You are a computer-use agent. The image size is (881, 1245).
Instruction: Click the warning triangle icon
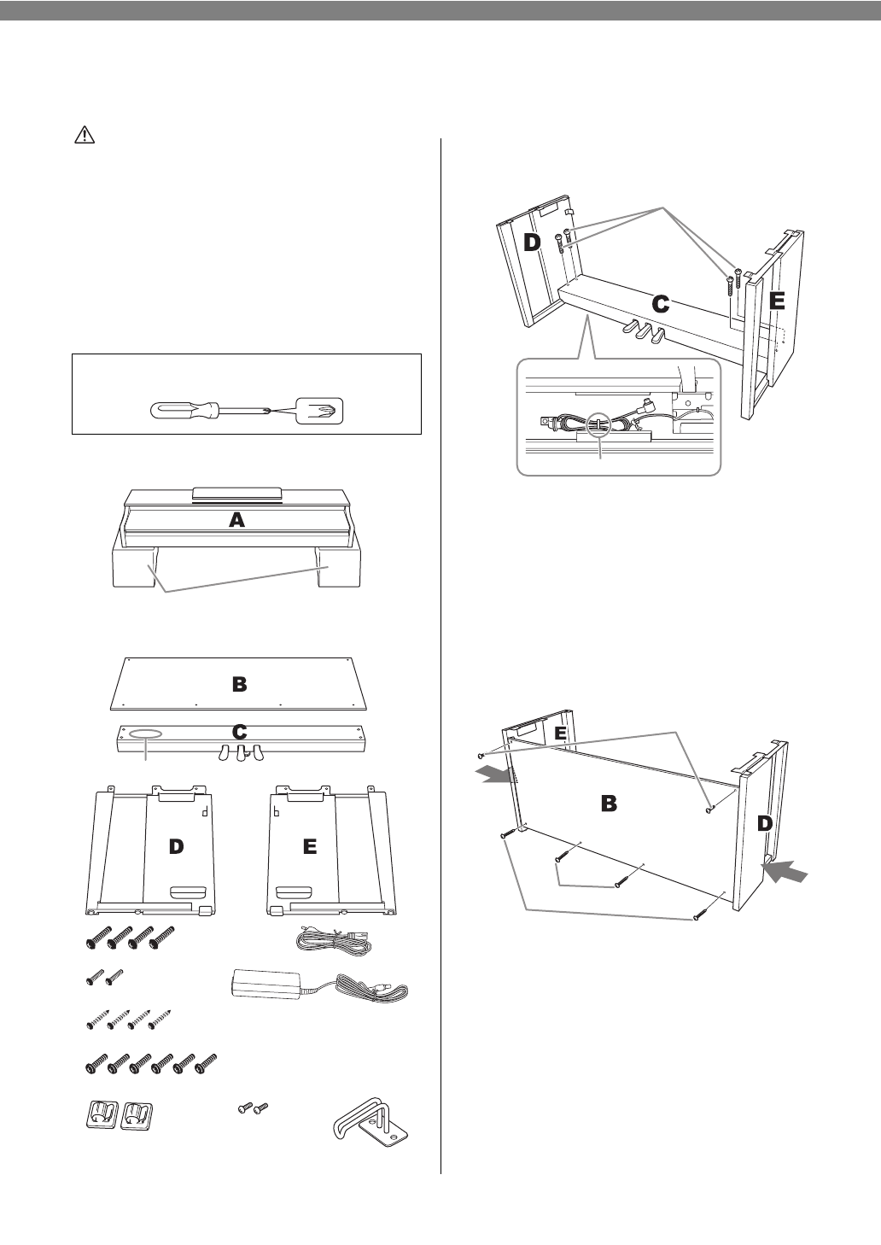84,135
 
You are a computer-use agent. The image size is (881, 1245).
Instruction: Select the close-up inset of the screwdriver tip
318,411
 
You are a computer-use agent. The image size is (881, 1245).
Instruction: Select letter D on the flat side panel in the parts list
175,845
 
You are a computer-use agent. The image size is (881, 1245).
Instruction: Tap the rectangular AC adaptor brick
269,984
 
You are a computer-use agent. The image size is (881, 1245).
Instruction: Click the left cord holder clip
101,1114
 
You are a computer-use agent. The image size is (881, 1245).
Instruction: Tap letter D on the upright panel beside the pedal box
532,243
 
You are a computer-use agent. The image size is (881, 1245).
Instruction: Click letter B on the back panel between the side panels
609,803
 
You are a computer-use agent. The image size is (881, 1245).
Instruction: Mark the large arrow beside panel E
498,773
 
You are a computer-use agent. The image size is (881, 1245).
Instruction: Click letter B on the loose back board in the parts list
240,683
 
